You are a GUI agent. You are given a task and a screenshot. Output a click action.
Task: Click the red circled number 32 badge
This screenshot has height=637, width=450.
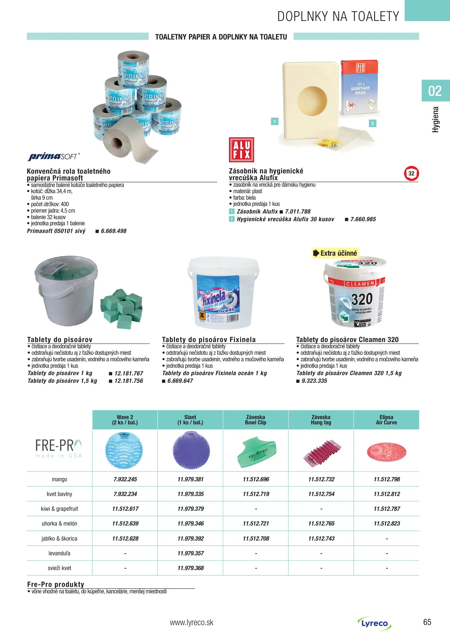pyautogui.click(x=411, y=173)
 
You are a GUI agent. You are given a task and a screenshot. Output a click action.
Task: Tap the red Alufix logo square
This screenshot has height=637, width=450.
pyautogui.click(x=241, y=150)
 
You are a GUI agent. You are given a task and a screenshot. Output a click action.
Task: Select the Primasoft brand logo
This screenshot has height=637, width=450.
pyautogui.click(x=53, y=156)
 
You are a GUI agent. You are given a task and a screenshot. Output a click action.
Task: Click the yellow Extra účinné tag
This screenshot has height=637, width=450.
pyautogui.click(x=335, y=253)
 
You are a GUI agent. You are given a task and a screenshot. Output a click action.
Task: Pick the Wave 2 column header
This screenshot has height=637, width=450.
pyautogui.click(x=125, y=420)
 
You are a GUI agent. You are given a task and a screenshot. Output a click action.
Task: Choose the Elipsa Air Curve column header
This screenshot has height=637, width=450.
pyautogui.click(x=386, y=420)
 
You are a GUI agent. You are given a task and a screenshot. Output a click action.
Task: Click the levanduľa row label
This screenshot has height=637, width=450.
pyautogui.click(x=59, y=553)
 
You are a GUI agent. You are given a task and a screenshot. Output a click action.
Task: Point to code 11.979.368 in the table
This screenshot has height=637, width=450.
pyautogui.click(x=190, y=568)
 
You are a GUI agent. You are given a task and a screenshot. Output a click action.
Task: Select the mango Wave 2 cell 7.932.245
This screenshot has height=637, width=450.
pyautogui.click(x=125, y=479)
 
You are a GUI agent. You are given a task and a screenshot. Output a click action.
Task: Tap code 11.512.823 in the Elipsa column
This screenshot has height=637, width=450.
pyautogui.click(x=387, y=523)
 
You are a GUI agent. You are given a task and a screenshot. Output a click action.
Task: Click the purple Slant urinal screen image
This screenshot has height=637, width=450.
pyautogui.click(x=191, y=450)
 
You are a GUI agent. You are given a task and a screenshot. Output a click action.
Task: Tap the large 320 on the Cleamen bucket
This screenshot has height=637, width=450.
pyautogui.click(x=362, y=299)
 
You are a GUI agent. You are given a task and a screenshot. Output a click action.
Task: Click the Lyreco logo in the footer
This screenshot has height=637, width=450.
pyautogui.click(x=375, y=623)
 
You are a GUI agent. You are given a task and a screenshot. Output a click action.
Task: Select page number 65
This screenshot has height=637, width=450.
pyautogui.click(x=427, y=622)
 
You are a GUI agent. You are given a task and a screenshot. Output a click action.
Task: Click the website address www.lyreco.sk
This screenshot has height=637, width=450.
pyautogui.click(x=192, y=623)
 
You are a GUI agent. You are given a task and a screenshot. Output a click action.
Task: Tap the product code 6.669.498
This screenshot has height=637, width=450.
pyautogui.click(x=113, y=231)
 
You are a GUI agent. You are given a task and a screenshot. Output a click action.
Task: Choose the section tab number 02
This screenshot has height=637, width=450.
pyautogui.click(x=435, y=91)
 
